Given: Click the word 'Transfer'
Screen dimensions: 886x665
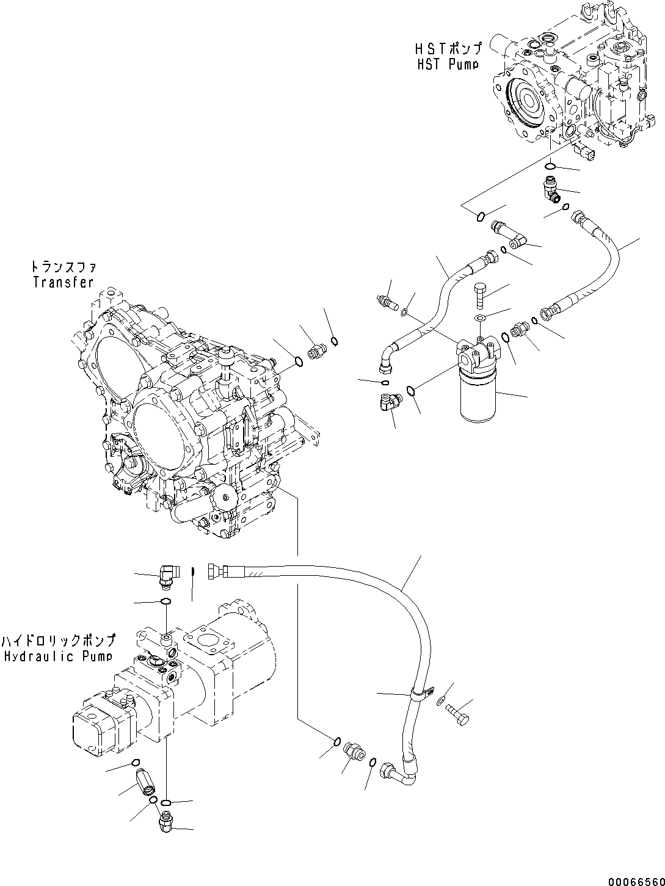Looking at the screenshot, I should (64, 282).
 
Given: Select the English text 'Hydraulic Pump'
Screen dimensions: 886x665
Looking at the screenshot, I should (57, 656).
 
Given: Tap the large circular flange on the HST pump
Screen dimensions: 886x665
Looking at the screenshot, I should (525, 104).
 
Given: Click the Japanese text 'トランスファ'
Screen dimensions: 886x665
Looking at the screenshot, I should (64, 267).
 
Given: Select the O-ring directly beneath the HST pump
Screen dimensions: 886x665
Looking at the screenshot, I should (550, 165).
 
